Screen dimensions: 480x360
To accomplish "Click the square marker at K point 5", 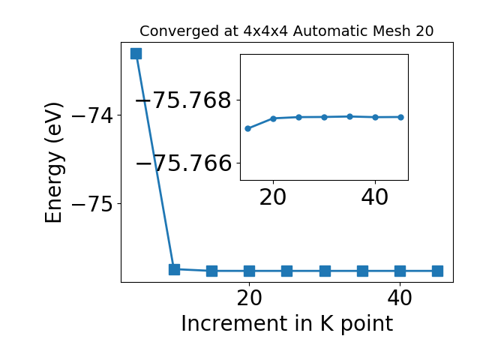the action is tap(136, 53).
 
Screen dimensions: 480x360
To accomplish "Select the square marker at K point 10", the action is tap(174, 269).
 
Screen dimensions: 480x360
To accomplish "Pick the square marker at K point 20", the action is tap(250, 271).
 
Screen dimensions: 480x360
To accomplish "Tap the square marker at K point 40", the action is tap(400, 271).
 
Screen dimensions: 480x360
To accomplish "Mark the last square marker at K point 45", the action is tap(438, 271).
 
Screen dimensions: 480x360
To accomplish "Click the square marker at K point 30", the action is tap(325, 271).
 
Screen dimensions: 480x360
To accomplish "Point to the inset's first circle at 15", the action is tap(248, 128).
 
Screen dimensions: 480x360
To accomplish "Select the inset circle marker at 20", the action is tap(273, 118).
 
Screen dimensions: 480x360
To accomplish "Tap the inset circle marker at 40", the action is tap(375, 117).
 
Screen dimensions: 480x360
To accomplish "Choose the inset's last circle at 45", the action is tap(400, 117).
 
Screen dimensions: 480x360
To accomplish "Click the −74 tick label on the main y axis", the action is tap(92, 115).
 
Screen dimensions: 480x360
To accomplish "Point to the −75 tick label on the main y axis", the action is tap(92, 204).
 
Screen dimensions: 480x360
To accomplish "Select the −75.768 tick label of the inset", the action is tap(184, 100).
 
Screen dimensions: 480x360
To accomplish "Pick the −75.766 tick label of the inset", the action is tap(184, 163).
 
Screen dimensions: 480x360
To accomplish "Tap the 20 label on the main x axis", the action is tap(250, 298).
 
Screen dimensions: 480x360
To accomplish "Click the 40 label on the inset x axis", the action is tap(375, 197).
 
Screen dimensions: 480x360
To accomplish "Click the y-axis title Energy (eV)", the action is tap(54, 163).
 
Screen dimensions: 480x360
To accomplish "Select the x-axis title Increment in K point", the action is tap(286, 323).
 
